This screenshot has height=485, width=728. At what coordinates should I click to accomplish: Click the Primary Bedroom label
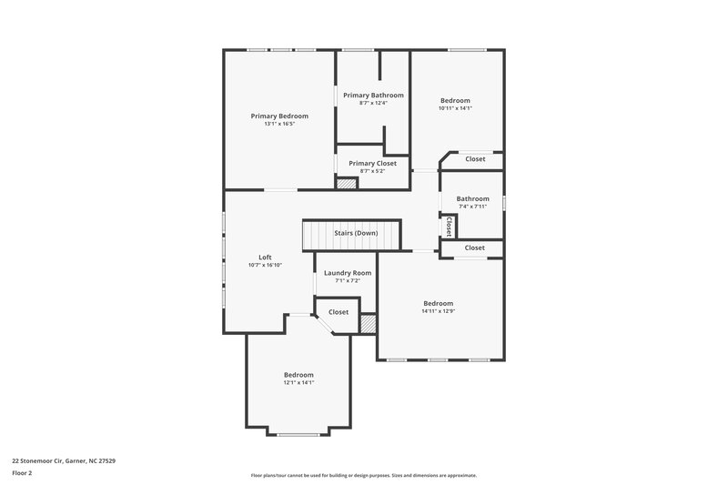point(279,116)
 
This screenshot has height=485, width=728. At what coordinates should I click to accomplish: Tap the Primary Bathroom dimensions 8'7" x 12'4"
point(373,103)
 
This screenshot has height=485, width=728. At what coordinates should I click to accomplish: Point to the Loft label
point(265,257)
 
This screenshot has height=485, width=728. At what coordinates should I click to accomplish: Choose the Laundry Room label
point(348,273)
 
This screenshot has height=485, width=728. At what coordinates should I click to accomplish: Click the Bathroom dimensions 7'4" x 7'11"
point(472,207)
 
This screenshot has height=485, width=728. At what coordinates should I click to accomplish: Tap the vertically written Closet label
point(449,225)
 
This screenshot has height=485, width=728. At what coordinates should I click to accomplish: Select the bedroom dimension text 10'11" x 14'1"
point(455,108)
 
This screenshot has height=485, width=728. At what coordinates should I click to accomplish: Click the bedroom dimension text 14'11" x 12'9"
point(438,311)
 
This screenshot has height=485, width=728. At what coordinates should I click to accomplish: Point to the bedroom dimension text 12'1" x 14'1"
point(298,383)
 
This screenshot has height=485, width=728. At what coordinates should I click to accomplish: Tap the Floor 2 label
point(23,473)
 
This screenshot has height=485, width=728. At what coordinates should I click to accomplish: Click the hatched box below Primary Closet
point(347,183)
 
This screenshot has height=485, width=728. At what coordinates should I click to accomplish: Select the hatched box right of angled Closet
point(368,323)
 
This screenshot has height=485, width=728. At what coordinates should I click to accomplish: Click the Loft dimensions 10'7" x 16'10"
point(265,265)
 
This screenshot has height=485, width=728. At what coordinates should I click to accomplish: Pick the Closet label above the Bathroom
point(475,159)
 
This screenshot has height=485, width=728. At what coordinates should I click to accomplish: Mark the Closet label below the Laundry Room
point(339,312)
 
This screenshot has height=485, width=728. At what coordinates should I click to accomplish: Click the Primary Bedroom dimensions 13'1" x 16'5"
point(279,124)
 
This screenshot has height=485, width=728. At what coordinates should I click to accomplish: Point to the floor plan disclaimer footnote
point(363,475)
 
